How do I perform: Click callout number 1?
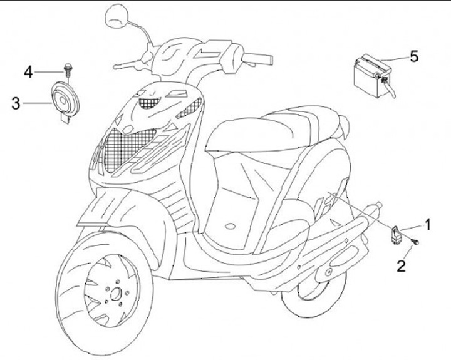[428, 223]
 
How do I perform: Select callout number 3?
[16, 103]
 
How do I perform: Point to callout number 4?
[28, 73]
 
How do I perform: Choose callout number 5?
[414, 56]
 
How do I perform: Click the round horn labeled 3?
[63, 98]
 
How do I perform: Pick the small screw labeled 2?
[414, 240]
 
